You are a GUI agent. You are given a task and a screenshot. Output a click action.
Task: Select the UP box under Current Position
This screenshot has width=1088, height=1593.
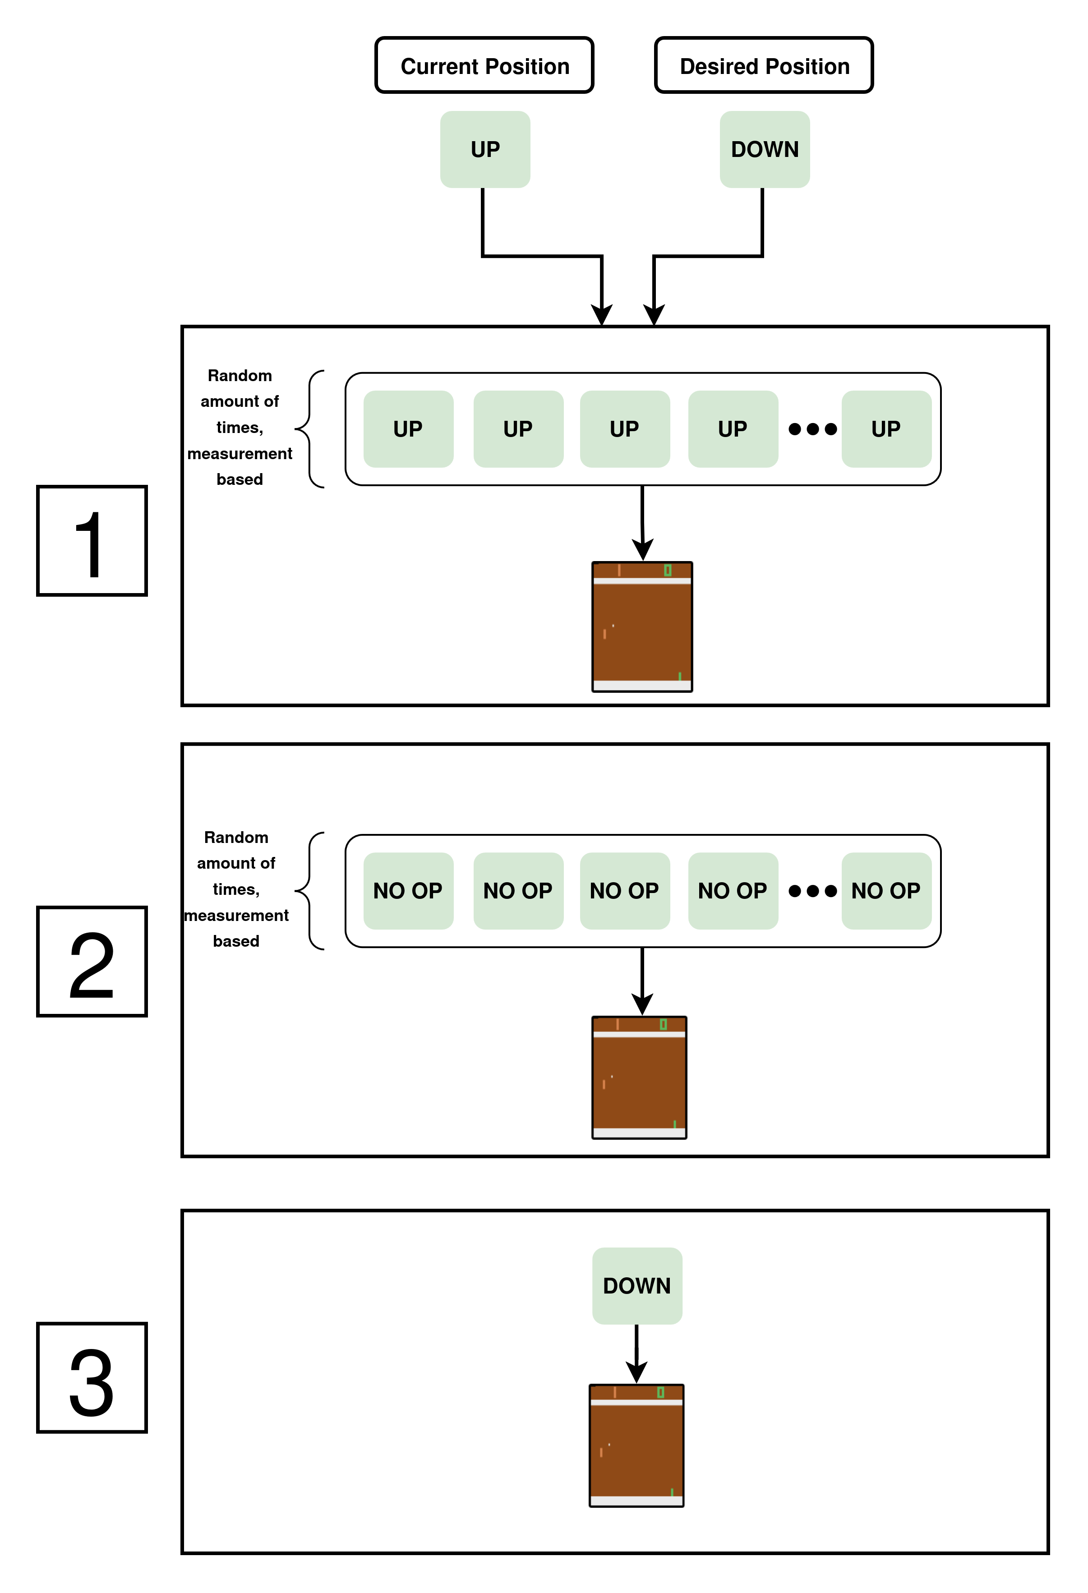pyautogui.click(x=485, y=149)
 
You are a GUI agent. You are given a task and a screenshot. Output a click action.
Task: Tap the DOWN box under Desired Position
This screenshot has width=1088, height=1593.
pyautogui.click(x=765, y=149)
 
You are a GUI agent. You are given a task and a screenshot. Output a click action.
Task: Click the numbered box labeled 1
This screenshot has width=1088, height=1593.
pyautogui.click(x=92, y=541)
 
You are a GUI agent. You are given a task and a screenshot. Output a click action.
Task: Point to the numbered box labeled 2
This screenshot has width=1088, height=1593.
pyautogui.click(x=92, y=961)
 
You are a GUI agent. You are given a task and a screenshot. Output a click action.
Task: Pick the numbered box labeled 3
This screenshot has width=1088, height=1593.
pyautogui.click(x=92, y=1378)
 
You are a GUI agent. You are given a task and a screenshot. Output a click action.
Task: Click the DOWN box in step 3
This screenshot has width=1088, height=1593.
pyautogui.click(x=637, y=1285)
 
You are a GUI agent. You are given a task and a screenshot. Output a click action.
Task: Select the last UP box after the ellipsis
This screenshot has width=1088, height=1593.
pyautogui.click(x=886, y=429)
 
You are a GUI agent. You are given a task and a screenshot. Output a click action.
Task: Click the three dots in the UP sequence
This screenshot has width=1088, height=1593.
pyautogui.click(x=812, y=429)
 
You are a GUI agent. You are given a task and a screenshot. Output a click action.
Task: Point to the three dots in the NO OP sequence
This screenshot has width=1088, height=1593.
pyautogui.click(x=812, y=891)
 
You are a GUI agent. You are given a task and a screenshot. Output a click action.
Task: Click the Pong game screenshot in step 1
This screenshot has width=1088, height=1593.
pyautogui.click(x=642, y=626)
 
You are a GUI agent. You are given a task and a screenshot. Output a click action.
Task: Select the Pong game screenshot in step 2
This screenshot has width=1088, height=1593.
pyautogui.click(x=639, y=1077)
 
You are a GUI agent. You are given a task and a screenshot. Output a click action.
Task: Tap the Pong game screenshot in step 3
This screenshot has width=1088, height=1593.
pyautogui.click(x=636, y=1445)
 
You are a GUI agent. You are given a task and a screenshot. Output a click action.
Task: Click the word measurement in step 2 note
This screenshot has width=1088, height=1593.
pyautogui.click(x=236, y=915)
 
